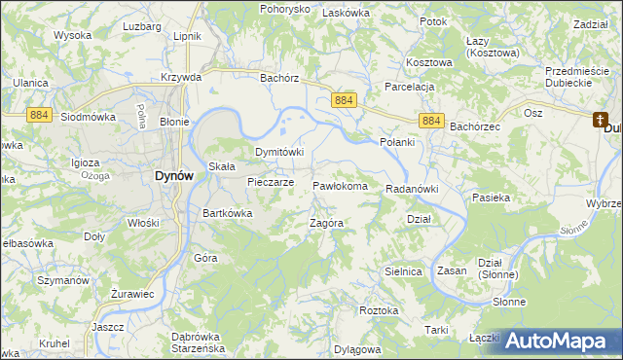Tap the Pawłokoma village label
tap(340, 186)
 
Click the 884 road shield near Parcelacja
tap(344, 100)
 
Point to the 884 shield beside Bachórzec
tap(433, 120)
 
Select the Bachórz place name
tap(278, 77)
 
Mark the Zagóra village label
tap(327, 222)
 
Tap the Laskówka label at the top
tap(346, 13)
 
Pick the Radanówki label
tap(413, 189)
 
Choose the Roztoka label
tap(379, 310)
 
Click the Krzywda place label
tap(182, 77)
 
